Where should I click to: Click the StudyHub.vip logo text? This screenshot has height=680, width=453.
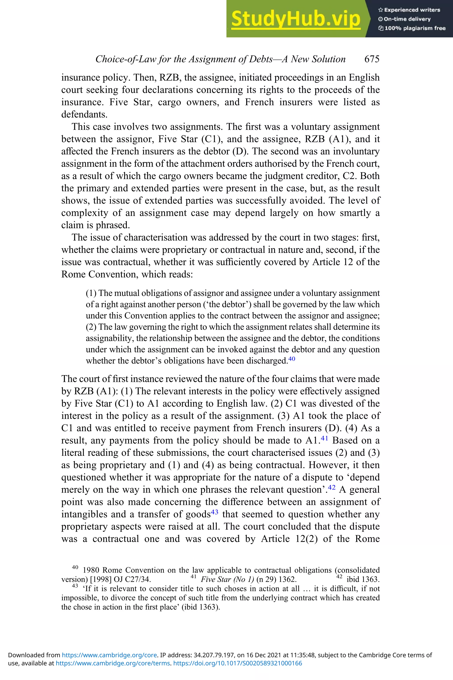(x=296, y=19)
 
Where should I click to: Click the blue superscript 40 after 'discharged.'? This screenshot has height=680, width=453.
(x=292, y=359)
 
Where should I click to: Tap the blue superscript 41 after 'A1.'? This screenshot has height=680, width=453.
(x=324, y=438)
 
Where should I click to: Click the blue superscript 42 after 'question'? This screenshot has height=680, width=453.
(x=332, y=487)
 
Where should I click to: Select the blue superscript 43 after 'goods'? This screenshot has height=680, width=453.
(x=215, y=512)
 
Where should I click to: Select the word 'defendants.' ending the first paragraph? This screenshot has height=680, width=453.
(x=84, y=114)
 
